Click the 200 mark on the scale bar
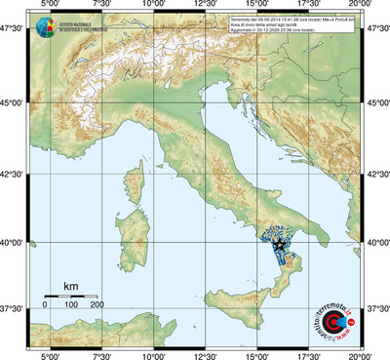(x=97, y=304)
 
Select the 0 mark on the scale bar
(x=45, y=304)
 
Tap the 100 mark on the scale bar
(x=71, y=304)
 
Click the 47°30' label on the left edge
(x=14, y=30)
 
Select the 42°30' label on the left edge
(x=14, y=174)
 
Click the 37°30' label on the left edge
(x=14, y=308)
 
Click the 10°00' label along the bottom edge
(x=153, y=354)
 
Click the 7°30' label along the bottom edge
(x=100, y=354)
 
